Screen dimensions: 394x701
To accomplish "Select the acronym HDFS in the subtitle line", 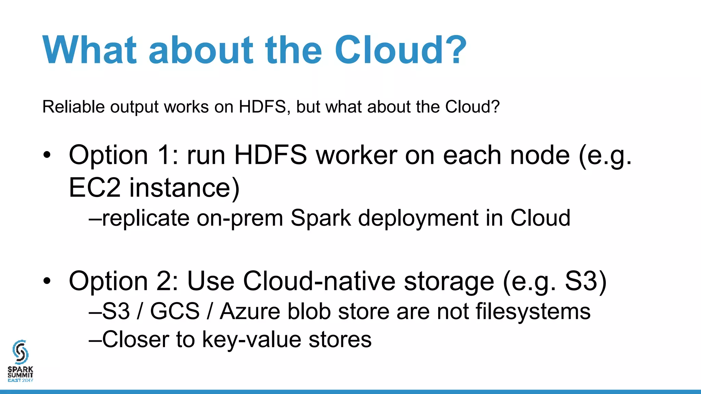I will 262,107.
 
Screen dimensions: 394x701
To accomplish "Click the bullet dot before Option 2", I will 47,281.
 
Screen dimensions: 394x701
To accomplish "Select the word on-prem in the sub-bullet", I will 240,218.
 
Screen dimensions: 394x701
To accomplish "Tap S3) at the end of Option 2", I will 585,281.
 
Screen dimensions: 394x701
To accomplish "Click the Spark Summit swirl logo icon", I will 20,352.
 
